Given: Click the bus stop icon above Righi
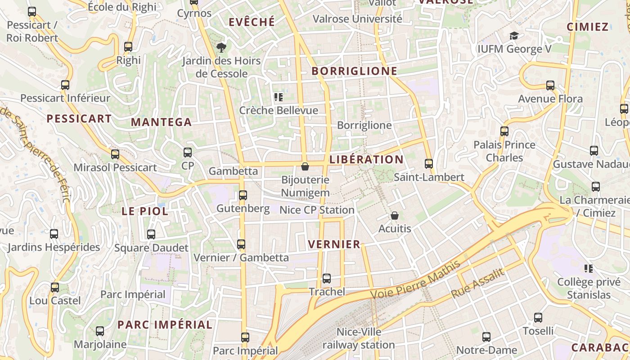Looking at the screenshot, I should point(128,46).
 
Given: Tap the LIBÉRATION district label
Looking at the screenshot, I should point(366,160).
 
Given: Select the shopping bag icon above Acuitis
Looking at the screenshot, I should point(395,216).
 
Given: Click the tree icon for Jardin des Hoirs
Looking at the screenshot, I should point(221,47).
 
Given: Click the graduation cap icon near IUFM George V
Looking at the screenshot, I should point(514,36).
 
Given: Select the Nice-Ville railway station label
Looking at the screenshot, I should point(359,338).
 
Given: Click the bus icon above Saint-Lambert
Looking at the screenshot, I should point(429,164).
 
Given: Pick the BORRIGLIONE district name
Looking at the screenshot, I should point(355,71).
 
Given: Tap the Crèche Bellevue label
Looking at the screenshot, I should point(279,110).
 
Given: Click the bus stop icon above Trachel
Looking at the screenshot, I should point(327,279).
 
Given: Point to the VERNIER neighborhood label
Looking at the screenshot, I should point(334,244).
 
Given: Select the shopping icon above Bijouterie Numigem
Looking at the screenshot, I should point(305,166).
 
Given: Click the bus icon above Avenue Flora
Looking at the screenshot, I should point(550,85).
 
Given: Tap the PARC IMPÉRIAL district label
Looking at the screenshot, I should point(165,324).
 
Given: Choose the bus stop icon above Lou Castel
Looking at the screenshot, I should point(55,287).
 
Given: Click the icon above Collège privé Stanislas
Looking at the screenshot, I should point(588,269).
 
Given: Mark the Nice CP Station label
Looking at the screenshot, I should point(317,210).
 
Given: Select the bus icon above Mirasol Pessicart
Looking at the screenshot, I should point(115,154).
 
